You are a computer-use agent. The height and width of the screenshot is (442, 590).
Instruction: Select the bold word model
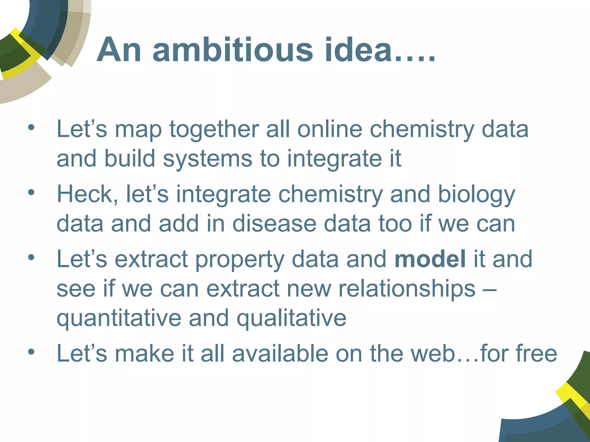click(430, 259)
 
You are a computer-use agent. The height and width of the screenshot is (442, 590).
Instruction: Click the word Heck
click(87, 194)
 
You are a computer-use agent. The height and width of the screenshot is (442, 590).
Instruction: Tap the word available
click(280, 353)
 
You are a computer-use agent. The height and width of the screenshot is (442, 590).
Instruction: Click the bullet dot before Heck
click(31, 192)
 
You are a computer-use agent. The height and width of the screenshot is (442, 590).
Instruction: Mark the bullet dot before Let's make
click(31, 351)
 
